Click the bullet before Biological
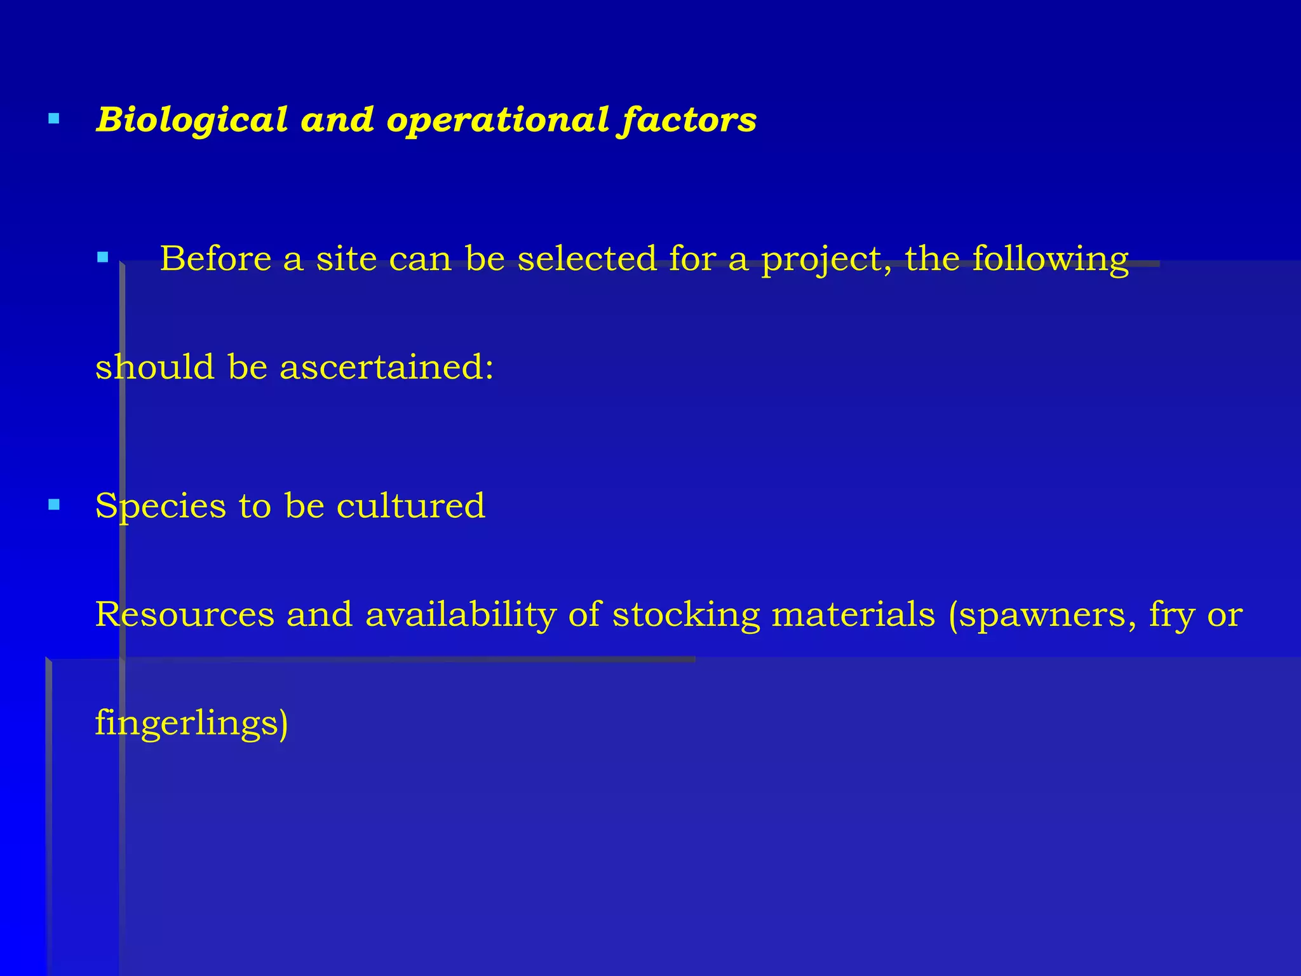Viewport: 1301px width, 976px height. click(x=54, y=118)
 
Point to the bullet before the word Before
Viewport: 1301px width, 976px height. click(x=103, y=257)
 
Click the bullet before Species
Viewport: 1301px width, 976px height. click(x=54, y=505)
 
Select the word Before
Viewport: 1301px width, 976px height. click(x=215, y=259)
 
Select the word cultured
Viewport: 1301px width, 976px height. click(x=410, y=506)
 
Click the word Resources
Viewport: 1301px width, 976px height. click(x=185, y=614)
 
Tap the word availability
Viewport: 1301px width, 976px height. click(x=461, y=615)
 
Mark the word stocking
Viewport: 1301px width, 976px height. click(x=686, y=615)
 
